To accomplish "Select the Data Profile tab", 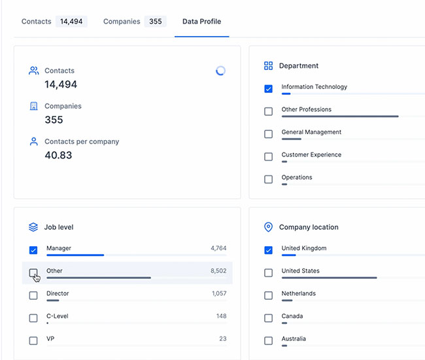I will click(x=201, y=22).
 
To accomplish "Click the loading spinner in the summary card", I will click(x=220, y=71).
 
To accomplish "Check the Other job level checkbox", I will click(x=33, y=273).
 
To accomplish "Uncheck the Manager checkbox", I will click(x=33, y=250).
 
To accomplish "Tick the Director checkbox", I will click(x=33, y=295).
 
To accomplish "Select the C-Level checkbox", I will click(x=33, y=318).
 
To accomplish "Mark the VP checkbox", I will click(x=33, y=340).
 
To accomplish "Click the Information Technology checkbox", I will click(x=268, y=89).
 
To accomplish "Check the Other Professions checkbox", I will click(x=268, y=111).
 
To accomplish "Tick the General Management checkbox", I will click(x=268, y=134).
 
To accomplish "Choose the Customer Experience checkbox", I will click(x=268, y=156).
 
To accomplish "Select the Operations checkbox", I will click(x=268, y=179).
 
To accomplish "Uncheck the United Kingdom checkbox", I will click(x=268, y=250).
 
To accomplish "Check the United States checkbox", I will click(x=268, y=273).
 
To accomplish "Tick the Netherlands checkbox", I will click(x=268, y=295).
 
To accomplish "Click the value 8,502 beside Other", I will click(x=218, y=271).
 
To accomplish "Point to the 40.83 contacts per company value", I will click(x=58, y=155).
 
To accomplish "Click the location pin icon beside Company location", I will click(x=268, y=227).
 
